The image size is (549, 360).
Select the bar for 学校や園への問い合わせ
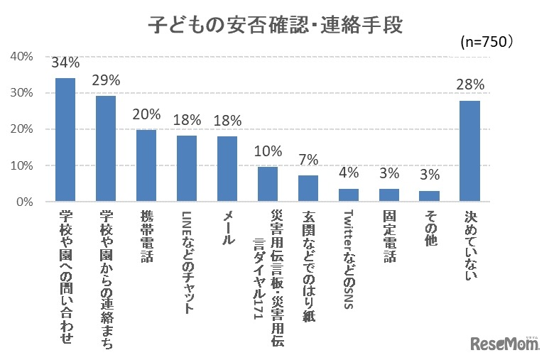tap(65, 140)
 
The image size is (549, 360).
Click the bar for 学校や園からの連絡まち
tap(106, 149)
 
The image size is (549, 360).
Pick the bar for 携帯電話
tap(146, 165)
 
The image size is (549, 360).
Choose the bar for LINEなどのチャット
tap(187, 169)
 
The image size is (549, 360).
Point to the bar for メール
tap(227, 169)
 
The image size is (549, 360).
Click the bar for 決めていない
tap(470, 151)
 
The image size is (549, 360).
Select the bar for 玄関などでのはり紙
tap(308, 189)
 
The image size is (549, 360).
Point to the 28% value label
tap(470, 85)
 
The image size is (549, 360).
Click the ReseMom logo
tap(504, 343)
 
